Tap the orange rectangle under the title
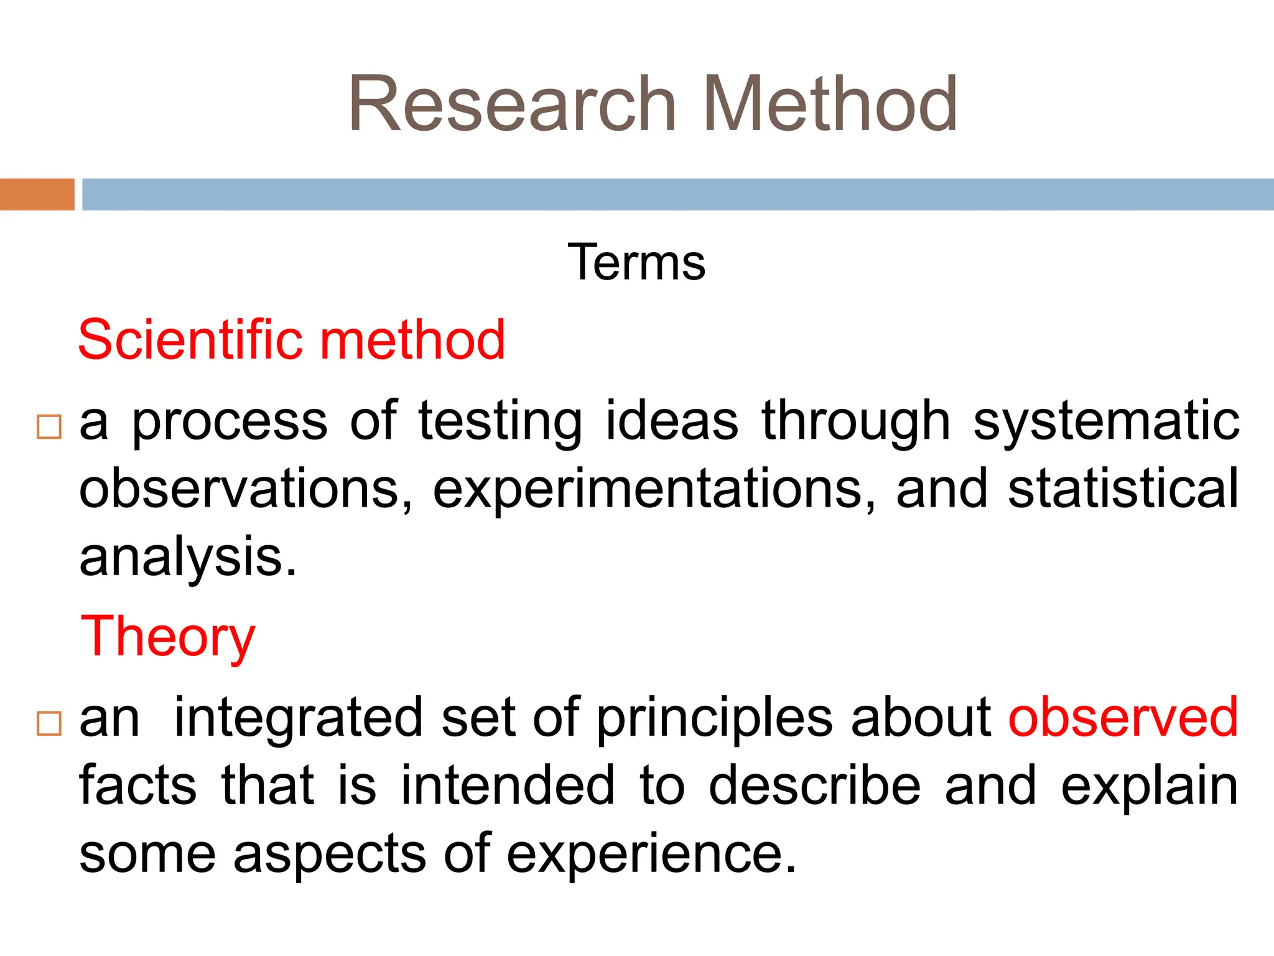coord(37,194)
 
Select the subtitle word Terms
coord(636,263)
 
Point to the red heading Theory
coord(168,637)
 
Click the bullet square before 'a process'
coord(49,427)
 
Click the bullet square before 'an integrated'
coord(49,724)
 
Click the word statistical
coord(1123,489)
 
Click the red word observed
coord(1123,718)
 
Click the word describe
coord(814,785)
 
